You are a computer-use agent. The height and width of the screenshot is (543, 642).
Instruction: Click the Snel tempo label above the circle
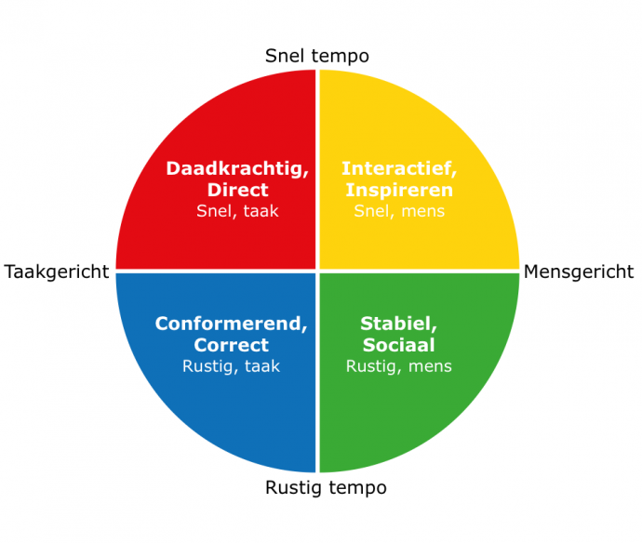[317, 56]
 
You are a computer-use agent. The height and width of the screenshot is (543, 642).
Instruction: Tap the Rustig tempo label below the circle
[326, 488]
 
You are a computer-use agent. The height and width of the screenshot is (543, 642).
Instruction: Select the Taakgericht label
[57, 272]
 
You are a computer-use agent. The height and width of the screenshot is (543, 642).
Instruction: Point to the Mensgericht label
[579, 271]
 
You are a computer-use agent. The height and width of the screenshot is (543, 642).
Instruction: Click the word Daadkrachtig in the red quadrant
[235, 168]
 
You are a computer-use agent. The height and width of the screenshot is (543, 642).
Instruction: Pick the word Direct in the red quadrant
[238, 190]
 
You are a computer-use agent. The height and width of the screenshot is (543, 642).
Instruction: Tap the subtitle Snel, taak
[237, 211]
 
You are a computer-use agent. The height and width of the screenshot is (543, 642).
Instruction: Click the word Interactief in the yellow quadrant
[397, 168]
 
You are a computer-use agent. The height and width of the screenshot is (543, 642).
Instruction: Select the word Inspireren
[399, 191]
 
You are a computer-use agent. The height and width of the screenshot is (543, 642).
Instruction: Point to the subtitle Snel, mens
[399, 211]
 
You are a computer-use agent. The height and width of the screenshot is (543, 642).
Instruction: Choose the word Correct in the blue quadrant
[232, 345]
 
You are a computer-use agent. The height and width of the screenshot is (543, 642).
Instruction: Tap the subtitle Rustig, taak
[232, 366]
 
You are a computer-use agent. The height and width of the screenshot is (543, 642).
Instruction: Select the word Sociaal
[399, 345]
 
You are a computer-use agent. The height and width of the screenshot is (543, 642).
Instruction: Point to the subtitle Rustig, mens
[399, 366]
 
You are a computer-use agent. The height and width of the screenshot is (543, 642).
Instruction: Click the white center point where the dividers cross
[317, 271]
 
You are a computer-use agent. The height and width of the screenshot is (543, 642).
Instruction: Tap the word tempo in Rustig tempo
[357, 488]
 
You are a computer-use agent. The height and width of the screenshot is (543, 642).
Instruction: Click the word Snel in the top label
[285, 56]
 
